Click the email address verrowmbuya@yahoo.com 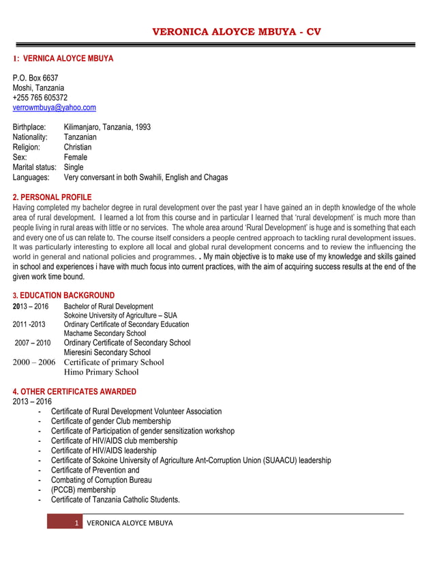(55, 108)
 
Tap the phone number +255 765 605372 (40, 98)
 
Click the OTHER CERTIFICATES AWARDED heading (74, 392)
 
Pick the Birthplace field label (29, 127)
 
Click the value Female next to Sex (76, 157)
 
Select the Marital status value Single (74, 167)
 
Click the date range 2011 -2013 (29, 324)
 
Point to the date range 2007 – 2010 (32, 343)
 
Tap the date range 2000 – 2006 (34, 363)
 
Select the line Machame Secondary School (105, 333)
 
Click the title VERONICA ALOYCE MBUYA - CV (236, 31)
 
